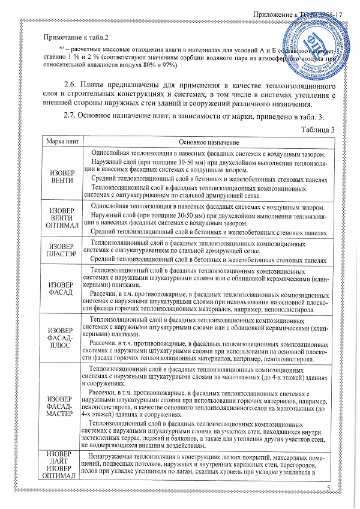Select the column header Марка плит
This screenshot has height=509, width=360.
(61, 142)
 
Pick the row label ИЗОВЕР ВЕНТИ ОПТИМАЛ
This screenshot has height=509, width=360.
(61, 219)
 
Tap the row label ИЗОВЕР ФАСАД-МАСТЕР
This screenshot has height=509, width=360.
(61, 406)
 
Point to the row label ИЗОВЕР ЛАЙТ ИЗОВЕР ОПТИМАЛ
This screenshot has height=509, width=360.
(61, 465)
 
